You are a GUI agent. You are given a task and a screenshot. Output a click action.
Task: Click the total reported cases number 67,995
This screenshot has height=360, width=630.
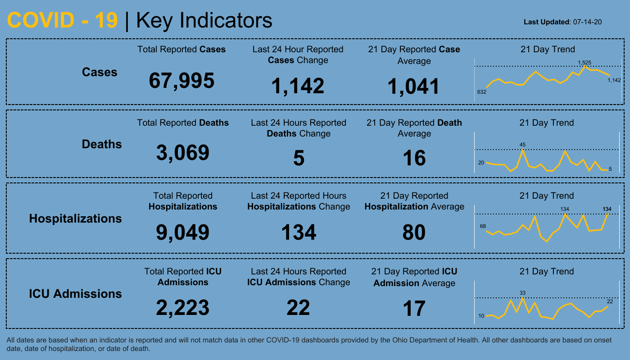click(x=181, y=81)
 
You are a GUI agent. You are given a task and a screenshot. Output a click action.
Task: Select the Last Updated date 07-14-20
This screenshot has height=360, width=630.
click(x=588, y=22)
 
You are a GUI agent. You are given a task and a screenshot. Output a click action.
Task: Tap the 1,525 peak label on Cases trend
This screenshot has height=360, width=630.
click(x=585, y=63)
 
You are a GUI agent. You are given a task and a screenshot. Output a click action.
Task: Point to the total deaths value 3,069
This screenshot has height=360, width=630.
click(x=183, y=153)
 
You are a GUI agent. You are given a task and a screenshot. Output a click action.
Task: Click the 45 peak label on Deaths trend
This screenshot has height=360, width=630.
click(x=522, y=145)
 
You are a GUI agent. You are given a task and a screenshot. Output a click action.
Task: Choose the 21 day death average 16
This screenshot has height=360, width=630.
click(x=414, y=158)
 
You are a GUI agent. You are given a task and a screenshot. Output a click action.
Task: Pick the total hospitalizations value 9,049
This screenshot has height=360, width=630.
click(x=183, y=232)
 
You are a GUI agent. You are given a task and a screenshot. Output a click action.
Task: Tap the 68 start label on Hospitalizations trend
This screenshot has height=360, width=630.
click(x=483, y=226)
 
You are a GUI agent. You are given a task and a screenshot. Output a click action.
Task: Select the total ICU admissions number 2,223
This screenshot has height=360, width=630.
click(x=183, y=308)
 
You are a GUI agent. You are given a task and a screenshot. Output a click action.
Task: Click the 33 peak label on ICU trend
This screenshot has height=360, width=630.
click(x=522, y=293)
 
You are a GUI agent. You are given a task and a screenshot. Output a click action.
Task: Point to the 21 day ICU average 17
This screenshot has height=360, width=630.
click(x=414, y=309)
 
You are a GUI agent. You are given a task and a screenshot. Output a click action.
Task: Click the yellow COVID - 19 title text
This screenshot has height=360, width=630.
click(x=63, y=20)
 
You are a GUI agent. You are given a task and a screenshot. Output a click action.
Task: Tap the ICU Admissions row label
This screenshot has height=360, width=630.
click(x=75, y=294)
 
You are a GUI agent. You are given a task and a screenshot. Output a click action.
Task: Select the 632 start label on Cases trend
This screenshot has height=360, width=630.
click(x=482, y=92)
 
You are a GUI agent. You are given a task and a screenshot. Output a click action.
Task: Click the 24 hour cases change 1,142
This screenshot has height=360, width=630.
click(x=298, y=86)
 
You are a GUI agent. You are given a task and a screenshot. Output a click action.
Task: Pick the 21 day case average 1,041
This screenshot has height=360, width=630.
click(x=414, y=86)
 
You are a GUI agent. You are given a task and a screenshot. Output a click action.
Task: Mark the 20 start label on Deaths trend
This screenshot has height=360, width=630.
click(x=481, y=163)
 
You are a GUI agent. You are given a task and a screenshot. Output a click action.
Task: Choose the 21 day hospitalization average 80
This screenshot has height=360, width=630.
click(x=414, y=232)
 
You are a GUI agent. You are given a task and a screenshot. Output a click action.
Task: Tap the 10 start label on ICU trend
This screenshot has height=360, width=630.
click(x=481, y=316)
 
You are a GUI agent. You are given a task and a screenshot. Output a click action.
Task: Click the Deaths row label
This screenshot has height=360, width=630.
click(x=102, y=144)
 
